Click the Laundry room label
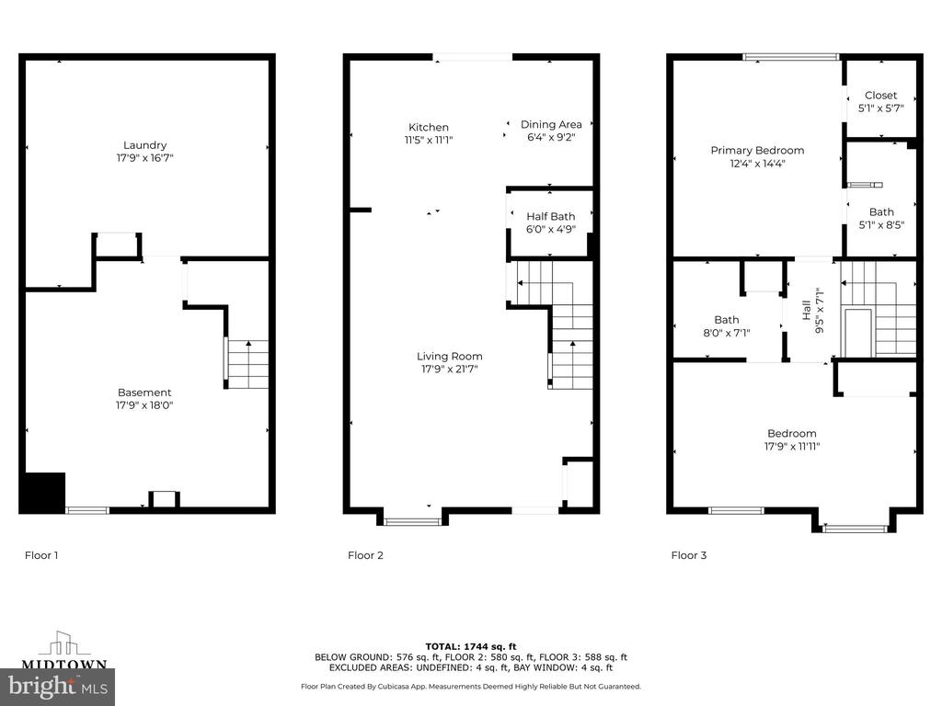[144, 145]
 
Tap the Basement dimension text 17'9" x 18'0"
[144, 405]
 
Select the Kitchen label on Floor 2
[429, 127]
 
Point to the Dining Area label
[551, 124]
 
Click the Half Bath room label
[551, 216]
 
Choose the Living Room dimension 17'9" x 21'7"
[449, 370]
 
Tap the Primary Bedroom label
[757, 150]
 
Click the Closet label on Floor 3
[880, 95]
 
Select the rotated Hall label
[807, 311]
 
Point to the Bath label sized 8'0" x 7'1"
[727, 320]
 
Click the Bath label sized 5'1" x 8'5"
[881, 212]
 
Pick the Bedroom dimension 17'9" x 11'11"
[792, 446]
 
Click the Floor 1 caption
[41, 555]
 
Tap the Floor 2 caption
[365, 555]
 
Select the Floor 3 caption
[688, 555]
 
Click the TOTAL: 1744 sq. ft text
[470, 646]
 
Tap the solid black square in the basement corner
[42, 493]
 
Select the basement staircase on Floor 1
[247, 364]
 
